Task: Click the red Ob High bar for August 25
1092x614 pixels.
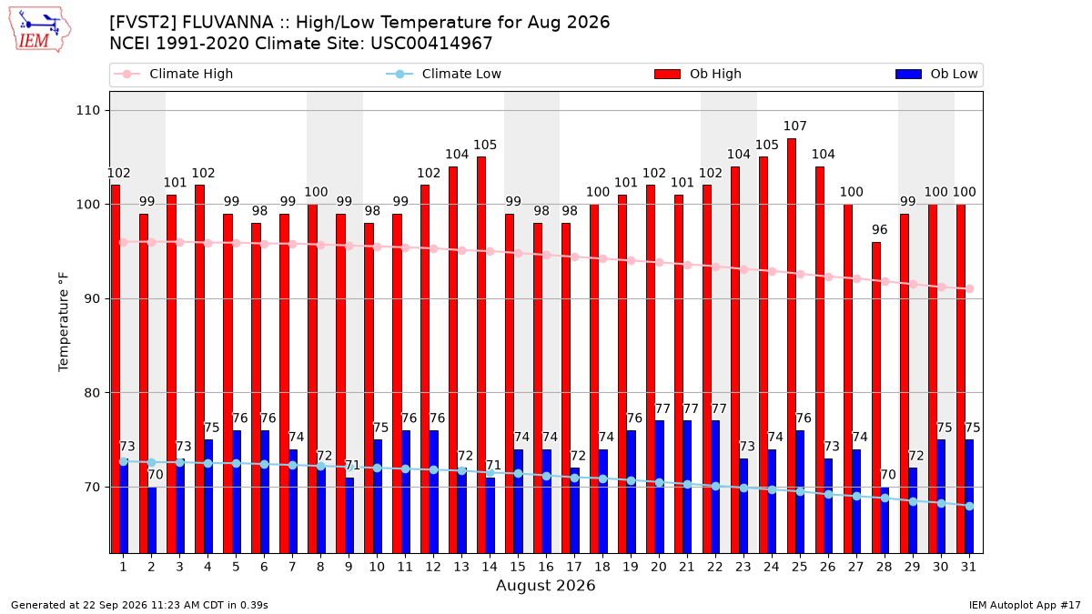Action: (x=791, y=346)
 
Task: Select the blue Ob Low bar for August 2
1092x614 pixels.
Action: (x=152, y=520)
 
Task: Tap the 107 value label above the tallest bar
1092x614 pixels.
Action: (x=794, y=126)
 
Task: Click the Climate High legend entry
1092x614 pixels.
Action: (x=174, y=74)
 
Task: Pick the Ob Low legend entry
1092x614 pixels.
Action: (x=936, y=74)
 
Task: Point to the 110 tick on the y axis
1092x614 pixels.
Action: (x=87, y=111)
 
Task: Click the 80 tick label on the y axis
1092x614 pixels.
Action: (x=92, y=393)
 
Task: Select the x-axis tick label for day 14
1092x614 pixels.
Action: (x=490, y=567)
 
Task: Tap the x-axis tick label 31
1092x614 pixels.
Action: (x=968, y=567)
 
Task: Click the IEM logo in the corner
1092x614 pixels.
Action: (x=39, y=30)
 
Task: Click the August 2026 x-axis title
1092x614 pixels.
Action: (x=545, y=585)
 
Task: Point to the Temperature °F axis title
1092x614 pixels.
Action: (x=64, y=322)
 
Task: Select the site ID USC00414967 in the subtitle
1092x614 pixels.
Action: (x=431, y=44)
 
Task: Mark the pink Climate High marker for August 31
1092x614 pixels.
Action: (x=970, y=289)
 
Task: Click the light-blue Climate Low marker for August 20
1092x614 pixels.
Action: (x=659, y=482)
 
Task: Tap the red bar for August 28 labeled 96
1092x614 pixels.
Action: (x=876, y=398)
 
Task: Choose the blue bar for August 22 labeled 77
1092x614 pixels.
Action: (x=715, y=487)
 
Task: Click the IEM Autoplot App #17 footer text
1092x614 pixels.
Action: (x=1025, y=605)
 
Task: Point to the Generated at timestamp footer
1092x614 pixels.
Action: (x=139, y=605)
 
